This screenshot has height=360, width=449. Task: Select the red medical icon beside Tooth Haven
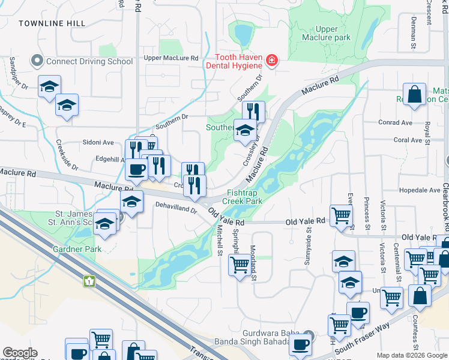coord(272,60)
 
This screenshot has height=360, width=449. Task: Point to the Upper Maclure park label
coord(333,33)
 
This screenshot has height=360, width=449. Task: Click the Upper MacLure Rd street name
coord(171,58)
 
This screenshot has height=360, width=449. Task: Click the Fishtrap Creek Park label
coord(244,197)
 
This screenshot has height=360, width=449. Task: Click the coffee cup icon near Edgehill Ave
coord(137,169)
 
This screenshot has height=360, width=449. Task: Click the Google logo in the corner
coord(20,353)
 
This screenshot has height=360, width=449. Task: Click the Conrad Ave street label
coord(395,122)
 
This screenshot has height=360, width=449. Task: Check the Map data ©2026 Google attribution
coord(411,355)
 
